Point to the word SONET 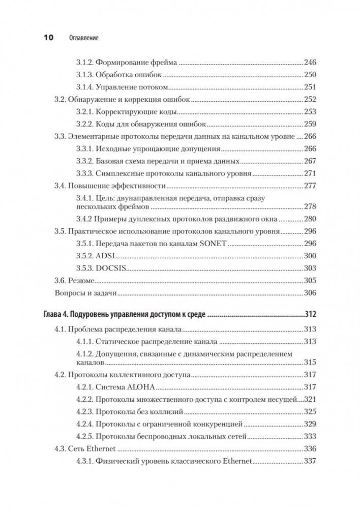[x=218, y=244]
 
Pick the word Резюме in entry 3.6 [x=81, y=280]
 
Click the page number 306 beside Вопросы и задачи [x=310, y=293]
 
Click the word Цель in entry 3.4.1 [x=106, y=198]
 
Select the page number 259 [x=310, y=124]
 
